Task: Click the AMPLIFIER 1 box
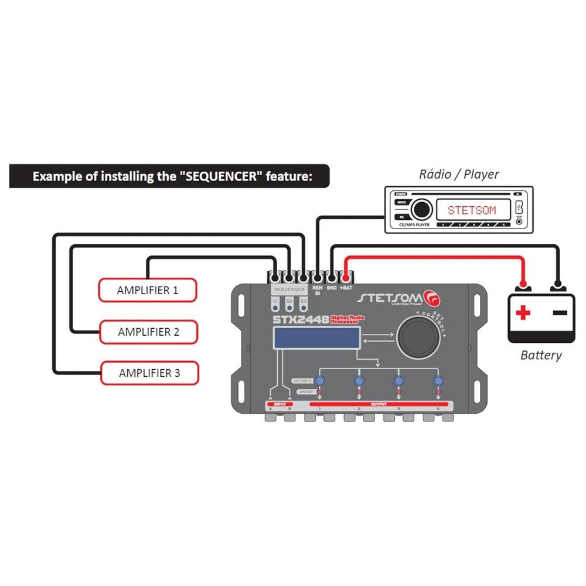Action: (x=147, y=290)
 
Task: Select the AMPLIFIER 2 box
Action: (x=148, y=332)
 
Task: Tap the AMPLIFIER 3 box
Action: (x=149, y=373)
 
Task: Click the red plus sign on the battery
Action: (x=523, y=313)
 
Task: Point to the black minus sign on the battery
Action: (x=560, y=312)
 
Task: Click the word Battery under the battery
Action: (x=541, y=355)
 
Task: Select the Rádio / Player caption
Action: (x=459, y=174)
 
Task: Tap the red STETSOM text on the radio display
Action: (x=471, y=210)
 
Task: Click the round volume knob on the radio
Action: (x=420, y=209)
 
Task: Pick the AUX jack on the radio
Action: (x=519, y=222)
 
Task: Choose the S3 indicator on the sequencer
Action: (x=303, y=304)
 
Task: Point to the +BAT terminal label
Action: (x=346, y=288)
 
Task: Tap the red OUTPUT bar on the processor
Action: (x=379, y=404)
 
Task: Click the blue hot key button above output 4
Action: (x=438, y=381)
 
